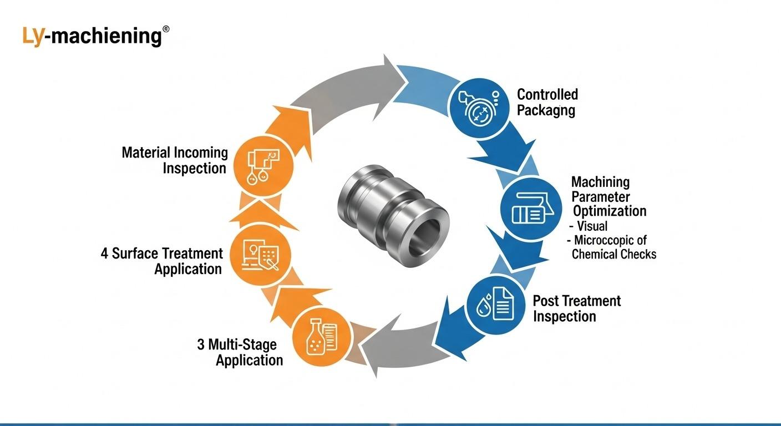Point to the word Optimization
pyautogui.click(x=610, y=211)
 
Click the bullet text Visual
pyautogui.click(x=592, y=226)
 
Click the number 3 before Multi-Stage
pyautogui.click(x=201, y=345)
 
